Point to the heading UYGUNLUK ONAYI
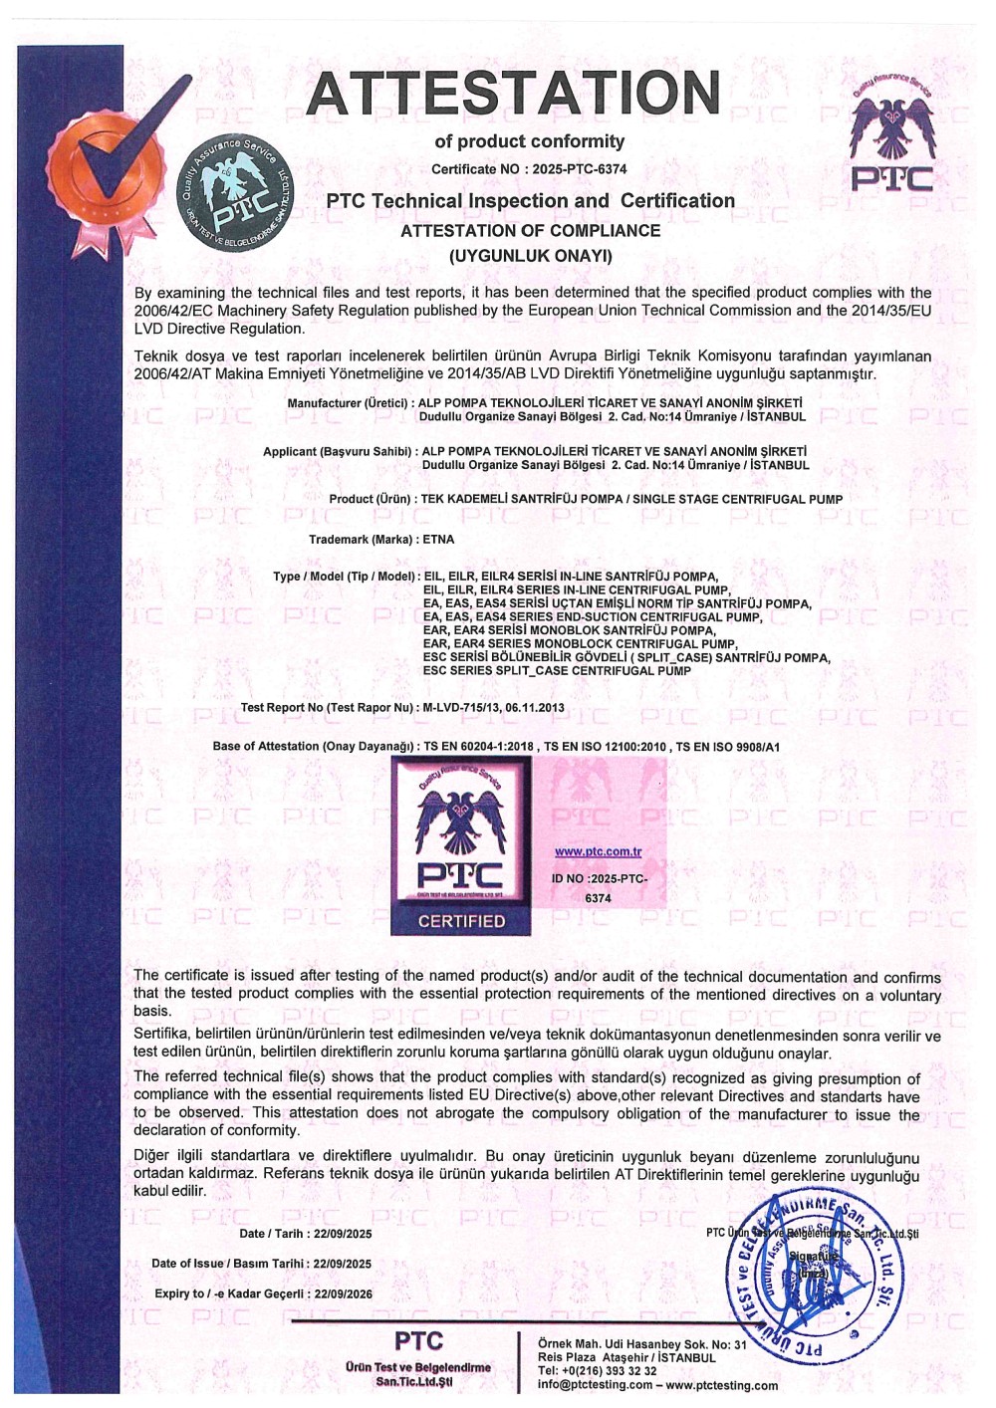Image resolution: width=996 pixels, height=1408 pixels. [530, 256]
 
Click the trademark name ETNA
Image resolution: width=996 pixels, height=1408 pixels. [438, 540]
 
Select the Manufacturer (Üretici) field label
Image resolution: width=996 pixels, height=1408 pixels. [350, 403]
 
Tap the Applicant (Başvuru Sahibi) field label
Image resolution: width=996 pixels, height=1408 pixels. [337, 452]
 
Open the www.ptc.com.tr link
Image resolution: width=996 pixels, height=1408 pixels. [598, 851]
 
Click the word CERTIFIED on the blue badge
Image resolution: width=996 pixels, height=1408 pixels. [461, 921]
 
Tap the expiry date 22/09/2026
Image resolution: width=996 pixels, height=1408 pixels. [343, 1293]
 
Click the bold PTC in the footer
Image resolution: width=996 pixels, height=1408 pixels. [418, 1340]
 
